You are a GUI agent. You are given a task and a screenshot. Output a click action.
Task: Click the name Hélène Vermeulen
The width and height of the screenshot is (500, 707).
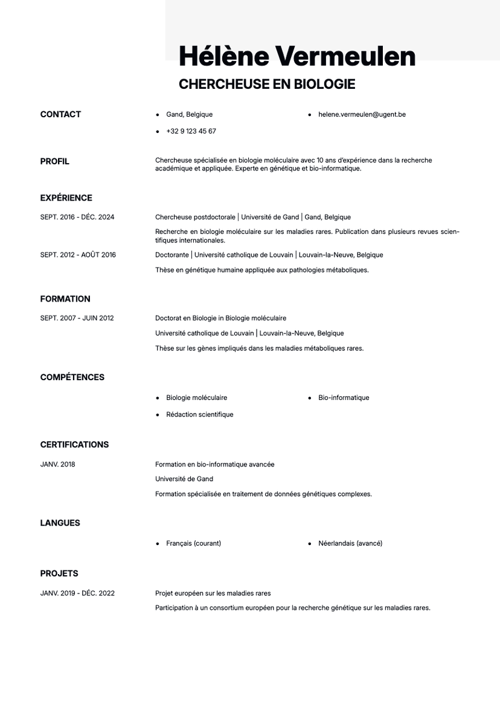pyautogui.click(x=297, y=56)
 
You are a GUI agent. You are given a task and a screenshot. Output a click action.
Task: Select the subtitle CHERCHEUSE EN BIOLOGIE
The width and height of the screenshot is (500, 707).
pyautogui.click(x=266, y=85)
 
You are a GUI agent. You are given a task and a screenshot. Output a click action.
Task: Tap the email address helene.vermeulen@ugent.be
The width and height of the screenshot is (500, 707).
pyautogui.click(x=362, y=114)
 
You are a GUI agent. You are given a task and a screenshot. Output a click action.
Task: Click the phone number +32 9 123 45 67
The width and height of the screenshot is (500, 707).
pyautogui.click(x=191, y=131)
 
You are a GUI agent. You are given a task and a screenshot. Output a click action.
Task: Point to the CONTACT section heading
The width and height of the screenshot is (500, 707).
pyautogui.click(x=60, y=114)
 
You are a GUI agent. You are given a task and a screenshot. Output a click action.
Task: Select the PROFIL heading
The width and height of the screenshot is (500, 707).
pyautogui.click(x=55, y=161)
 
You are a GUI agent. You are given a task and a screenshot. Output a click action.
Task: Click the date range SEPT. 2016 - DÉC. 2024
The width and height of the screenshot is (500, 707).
pyautogui.click(x=77, y=217)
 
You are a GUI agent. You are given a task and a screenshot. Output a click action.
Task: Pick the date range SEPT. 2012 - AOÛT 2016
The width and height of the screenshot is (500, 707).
pyautogui.click(x=78, y=255)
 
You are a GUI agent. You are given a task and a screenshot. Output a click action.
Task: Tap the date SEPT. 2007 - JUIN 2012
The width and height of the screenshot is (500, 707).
pyautogui.click(x=77, y=318)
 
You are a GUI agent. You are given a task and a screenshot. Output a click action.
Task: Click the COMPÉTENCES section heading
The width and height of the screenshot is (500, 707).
pyautogui.click(x=72, y=377)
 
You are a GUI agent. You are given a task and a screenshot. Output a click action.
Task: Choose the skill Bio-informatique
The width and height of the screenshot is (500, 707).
pyautogui.click(x=344, y=398)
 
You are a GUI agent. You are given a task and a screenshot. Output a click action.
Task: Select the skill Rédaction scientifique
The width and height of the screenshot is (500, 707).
pyautogui.click(x=199, y=415)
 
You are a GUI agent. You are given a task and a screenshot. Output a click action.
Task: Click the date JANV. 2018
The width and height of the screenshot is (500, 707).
pyautogui.click(x=58, y=465)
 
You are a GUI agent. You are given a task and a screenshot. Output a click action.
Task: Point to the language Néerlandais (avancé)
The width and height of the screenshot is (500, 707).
pyautogui.click(x=350, y=543)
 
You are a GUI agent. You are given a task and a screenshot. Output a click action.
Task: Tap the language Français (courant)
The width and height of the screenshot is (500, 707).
pyautogui.click(x=193, y=543)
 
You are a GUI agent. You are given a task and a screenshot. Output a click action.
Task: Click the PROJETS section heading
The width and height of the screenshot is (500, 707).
pyautogui.click(x=59, y=573)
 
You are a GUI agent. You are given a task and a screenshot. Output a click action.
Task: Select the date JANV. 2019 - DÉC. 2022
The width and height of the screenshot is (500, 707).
pyautogui.click(x=77, y=593)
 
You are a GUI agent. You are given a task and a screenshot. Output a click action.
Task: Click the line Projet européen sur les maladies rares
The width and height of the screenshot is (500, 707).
pyautogui.click(x=213, y=593)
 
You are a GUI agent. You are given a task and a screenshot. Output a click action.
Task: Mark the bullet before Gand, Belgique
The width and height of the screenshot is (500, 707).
pyautogui.click(x=158, y=114)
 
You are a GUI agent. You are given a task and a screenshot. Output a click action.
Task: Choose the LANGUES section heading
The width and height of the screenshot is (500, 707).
pyautogui.click(x=60, y=523)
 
